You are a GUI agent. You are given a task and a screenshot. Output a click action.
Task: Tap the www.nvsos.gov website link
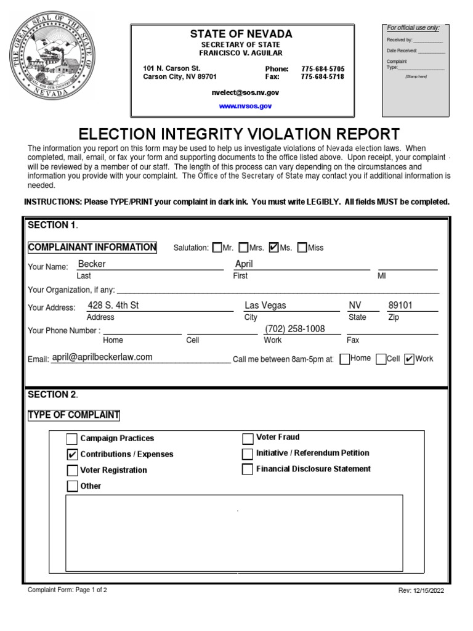click(246, 106)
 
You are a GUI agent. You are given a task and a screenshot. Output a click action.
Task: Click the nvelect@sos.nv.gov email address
click(245, 91)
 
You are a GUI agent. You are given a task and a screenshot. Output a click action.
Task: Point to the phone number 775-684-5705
click(323, 68)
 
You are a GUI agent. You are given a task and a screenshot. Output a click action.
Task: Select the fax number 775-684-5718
click(323, 77)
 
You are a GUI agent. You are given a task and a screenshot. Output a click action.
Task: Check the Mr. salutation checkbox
click(216, 248)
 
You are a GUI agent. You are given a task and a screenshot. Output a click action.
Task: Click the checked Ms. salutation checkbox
click(274, 248)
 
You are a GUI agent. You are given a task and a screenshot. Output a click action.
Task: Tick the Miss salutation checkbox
click(302, 248)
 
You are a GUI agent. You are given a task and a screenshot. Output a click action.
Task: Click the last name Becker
click(92, 264)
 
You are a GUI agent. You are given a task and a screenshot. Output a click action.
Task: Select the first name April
click(244, 264)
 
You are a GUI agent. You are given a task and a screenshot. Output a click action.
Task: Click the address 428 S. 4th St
click(113, 305)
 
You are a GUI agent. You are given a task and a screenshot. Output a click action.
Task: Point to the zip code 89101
click(400, 305)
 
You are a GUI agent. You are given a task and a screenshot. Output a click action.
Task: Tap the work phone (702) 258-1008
click(294, 329)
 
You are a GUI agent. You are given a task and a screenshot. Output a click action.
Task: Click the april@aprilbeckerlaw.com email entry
click(102, 357)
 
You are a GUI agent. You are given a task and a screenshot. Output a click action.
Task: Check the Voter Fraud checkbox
click(248, 439)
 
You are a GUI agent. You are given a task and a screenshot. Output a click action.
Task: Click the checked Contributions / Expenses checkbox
click(71, 455)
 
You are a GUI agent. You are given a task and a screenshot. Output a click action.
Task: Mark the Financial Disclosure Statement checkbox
click(248, 470)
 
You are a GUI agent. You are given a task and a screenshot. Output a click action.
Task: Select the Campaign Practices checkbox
click(71, 439)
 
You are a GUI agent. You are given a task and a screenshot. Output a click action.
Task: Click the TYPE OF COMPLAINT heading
click(74, 415)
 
